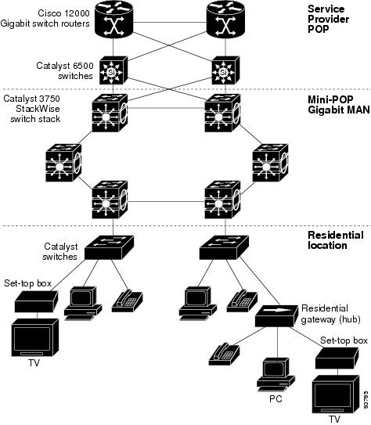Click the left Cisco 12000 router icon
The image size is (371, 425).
(114, 20)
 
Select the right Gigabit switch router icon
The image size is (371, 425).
(225, 20)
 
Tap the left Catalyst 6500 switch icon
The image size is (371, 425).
(113, 70)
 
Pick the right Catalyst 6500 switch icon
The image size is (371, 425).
(225, 70)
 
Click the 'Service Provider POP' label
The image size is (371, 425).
(328, 19)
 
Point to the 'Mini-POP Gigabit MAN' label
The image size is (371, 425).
(339, 105)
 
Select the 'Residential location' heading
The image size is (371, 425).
(336, 240)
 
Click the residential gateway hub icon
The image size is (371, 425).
(276, 315)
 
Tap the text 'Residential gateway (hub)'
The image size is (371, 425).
(330, 314)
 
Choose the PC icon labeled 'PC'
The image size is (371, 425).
(276, 375)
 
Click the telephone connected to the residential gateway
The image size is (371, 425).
(224, 354)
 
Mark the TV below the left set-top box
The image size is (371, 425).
(35, 337)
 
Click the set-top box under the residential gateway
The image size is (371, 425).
(337, 358)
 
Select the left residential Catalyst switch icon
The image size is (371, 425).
(110, 247)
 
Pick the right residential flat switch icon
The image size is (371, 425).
(224, 247)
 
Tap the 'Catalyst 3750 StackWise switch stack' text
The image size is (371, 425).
(32, 109)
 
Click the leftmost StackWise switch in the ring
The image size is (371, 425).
(63, 163)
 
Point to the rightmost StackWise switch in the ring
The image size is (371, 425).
(270, 163)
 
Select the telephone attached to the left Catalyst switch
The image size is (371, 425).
(128, 301)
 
